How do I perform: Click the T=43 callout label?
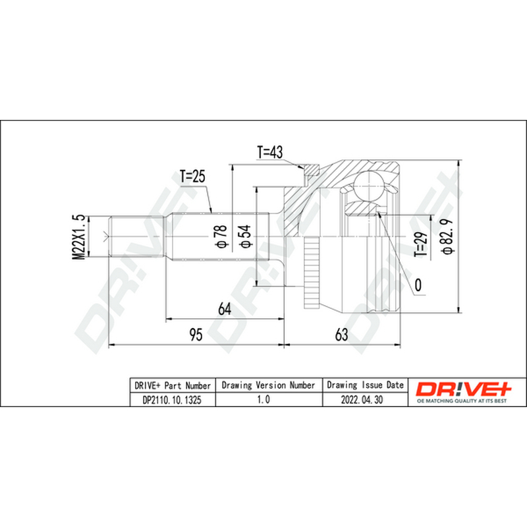pyautogui.click(x=270, y=152)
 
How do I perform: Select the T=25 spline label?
pyautogui.click(x=192, y=176)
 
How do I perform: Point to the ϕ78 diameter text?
pyautogui.click(x=221, y=236)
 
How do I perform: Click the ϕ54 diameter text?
pyautogui.click(x=245, y=236)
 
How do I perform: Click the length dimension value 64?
pyautogui.click(x=225, y=309)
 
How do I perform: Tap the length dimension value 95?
pyautogui.click(x=196, y=335)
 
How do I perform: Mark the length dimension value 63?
pyautogui.click(x=341, y=335)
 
